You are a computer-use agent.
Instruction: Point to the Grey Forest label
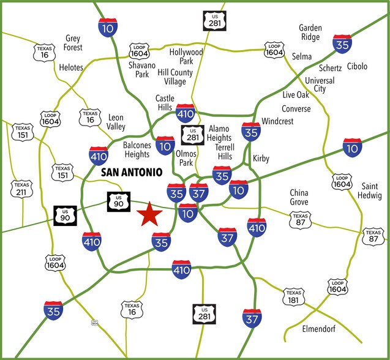73,43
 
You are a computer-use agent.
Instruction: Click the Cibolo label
356,66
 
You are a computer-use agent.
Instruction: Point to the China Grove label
299,197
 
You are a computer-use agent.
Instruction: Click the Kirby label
261,159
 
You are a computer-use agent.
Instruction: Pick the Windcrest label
277,121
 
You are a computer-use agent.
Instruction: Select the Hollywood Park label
186,56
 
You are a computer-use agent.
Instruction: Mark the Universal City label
320,84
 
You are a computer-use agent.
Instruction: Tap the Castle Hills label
165,102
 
